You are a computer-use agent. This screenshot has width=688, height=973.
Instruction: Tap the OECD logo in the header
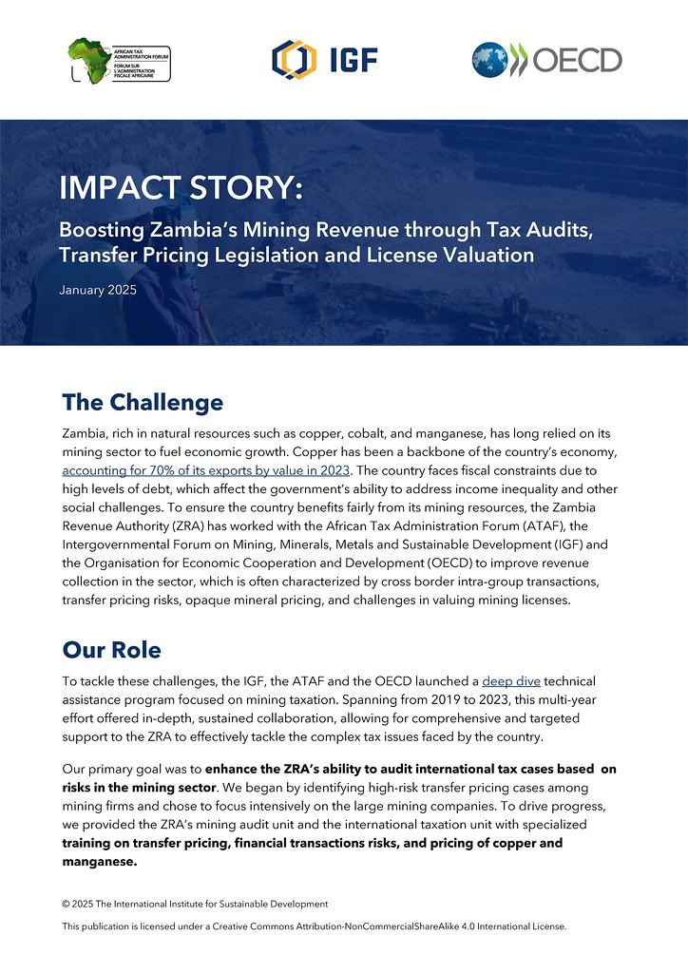coord(546,59)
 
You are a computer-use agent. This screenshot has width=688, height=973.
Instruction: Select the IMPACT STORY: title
coord(182,187)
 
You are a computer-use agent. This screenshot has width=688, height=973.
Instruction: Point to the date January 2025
coord(98,289)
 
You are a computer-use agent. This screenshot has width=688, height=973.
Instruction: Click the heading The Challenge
coord(143,402)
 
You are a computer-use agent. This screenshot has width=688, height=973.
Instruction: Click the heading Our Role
coord(111,650)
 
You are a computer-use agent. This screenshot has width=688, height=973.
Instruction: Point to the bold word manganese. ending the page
coord(100,863)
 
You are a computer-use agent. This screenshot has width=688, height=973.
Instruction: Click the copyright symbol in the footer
coord(66,903)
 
